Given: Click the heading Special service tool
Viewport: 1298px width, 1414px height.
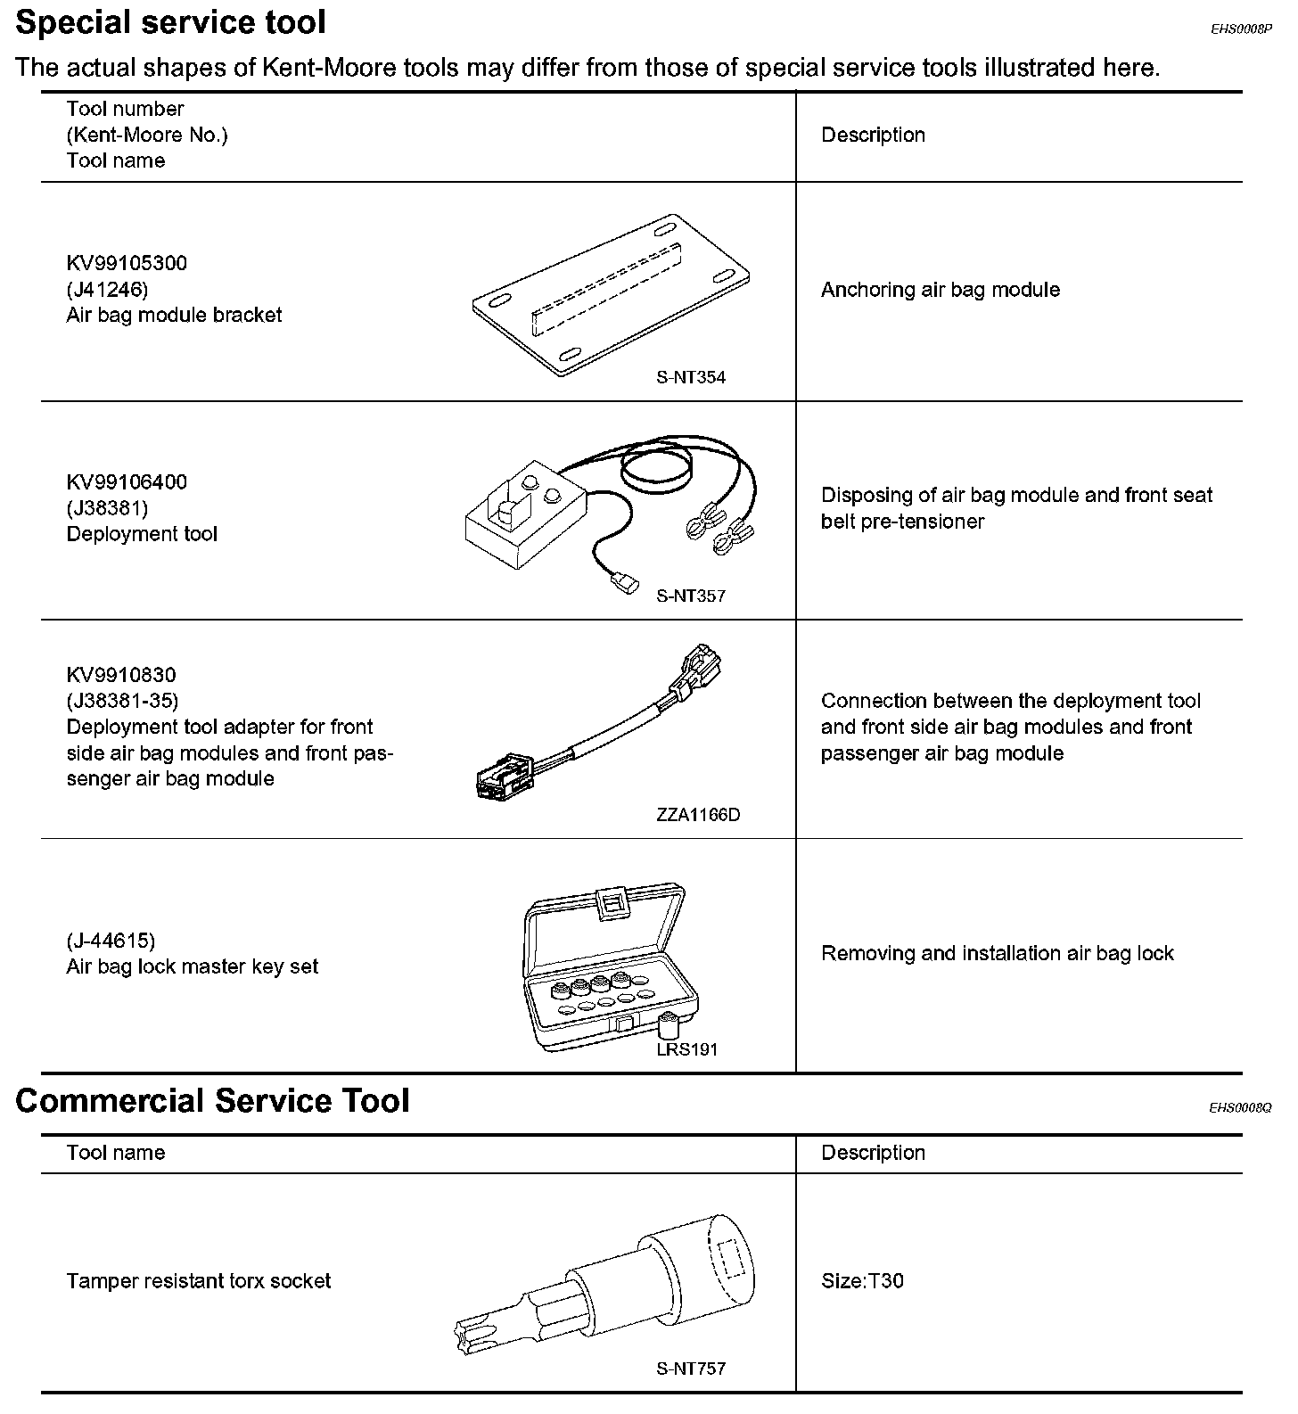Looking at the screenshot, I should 171,23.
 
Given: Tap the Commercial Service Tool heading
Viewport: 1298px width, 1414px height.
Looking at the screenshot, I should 212,1101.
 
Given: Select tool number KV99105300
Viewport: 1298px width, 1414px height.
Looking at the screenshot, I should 127,263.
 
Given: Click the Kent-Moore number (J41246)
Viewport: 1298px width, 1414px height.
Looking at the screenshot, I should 107,289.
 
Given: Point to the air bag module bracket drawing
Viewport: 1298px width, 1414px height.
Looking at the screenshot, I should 612,294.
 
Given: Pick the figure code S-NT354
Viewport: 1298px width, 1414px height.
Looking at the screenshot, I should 691,377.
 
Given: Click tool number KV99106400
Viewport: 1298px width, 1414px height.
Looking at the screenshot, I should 127,482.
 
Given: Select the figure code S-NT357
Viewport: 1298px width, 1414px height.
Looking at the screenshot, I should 691,596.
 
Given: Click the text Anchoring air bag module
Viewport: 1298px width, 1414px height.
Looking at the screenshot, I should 940,290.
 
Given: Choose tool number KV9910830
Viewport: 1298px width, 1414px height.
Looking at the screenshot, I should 121,675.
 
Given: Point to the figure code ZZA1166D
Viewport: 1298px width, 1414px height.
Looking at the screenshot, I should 698,815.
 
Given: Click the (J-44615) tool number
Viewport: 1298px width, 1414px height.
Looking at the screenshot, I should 111,941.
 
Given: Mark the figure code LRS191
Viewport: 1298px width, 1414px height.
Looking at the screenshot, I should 686,1049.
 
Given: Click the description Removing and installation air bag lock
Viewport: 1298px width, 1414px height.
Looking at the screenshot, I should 997,953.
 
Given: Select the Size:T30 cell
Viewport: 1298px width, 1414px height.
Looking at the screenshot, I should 862,1281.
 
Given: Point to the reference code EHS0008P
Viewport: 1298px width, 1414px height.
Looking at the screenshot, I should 1240,29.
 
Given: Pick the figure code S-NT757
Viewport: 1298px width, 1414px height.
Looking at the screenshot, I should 691,1369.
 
